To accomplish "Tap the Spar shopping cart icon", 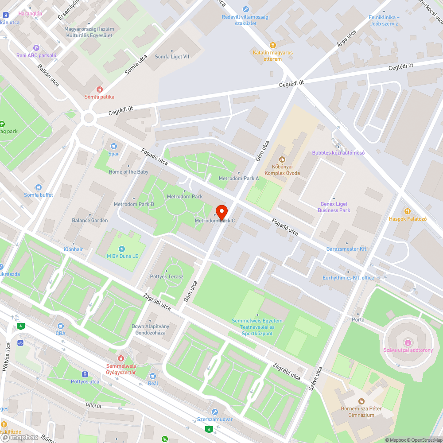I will (x=114, y=146).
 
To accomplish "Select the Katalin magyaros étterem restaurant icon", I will (x=273, y=45).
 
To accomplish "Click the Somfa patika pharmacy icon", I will (x=99, y=89).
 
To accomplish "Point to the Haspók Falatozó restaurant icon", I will (x=408, y=211).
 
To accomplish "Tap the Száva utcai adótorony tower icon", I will (x=408, y=342).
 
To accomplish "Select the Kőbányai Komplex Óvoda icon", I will (x=282, y=159).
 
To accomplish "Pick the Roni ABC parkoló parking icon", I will (x=36, y=48).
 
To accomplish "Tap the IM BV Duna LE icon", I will (x=122, y=249).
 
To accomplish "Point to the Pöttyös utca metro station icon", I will (x=85, y=374).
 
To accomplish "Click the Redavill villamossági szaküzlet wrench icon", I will (x=246, y=9).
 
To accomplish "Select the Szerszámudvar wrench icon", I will (x=215, y=412).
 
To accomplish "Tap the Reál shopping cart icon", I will (x=153, y=376).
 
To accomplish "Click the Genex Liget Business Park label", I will (x=334, y=207).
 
